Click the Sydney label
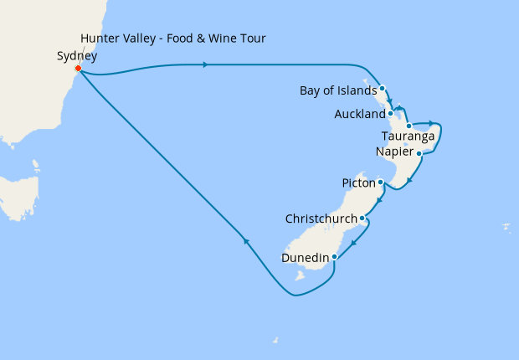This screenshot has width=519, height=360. tap(77, 56)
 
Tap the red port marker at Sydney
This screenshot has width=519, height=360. tap(78, 69)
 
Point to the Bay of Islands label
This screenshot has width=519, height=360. tap(337, 90)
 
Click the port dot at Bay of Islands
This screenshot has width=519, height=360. tap(382, 88)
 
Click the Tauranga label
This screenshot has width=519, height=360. tap(408, 136)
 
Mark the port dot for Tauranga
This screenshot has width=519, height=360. tap(409, 126)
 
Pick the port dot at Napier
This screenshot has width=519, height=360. tap(419, 153)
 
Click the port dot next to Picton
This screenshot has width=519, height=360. tap(381, 182)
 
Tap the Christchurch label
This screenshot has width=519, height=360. tap(321, 219)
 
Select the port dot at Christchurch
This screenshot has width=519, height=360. tap(362, 219)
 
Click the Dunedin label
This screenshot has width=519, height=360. tap(304, 258)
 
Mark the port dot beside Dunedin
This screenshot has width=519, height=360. tap(334, 257)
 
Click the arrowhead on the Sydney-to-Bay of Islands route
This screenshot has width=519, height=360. tap(205, 64)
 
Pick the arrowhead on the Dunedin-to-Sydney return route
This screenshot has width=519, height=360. tap(246, 241)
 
